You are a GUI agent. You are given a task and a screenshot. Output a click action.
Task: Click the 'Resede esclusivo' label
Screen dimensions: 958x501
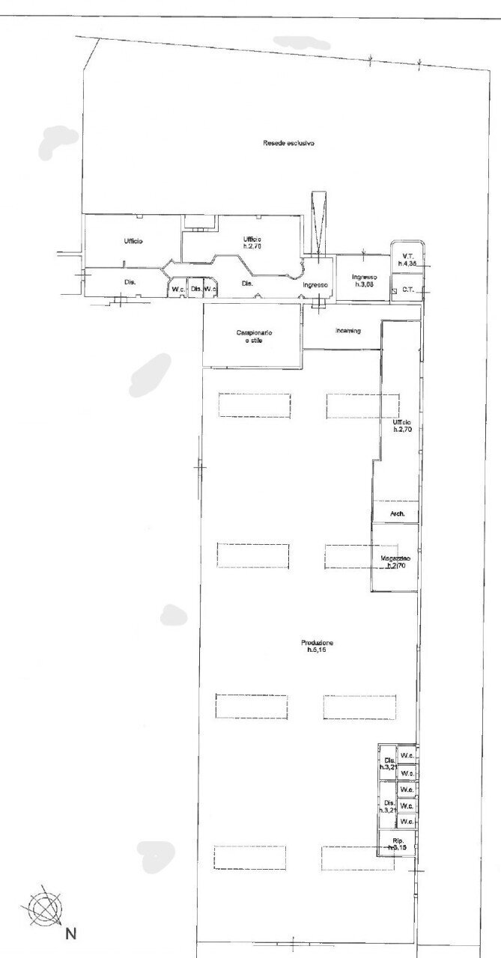click(x=288, y=143)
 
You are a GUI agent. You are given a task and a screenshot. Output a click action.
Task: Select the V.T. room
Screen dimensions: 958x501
click(x=407, y=259)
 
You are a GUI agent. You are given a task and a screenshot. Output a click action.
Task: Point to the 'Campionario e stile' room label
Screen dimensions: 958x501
click(x=253, y=337)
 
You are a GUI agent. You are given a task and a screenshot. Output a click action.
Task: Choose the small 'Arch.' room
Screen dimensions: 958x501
click(x=397, y=513)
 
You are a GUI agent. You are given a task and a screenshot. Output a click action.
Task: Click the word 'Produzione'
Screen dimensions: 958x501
click(x=318, y=644)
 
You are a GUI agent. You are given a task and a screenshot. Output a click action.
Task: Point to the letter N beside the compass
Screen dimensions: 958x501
click(x=71, y=934)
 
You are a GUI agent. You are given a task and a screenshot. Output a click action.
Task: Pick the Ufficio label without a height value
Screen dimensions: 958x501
click(x=134, y=241)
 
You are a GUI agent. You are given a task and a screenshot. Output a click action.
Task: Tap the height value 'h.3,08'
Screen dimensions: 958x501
click(x=363, y=284)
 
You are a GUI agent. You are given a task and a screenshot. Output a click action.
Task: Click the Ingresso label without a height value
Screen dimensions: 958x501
click(x=316, y=286)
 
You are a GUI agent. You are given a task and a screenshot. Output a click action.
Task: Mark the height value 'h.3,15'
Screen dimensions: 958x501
click(x=397, y=849)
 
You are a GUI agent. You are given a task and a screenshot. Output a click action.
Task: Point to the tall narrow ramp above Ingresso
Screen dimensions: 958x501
click(x=319, y=222)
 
